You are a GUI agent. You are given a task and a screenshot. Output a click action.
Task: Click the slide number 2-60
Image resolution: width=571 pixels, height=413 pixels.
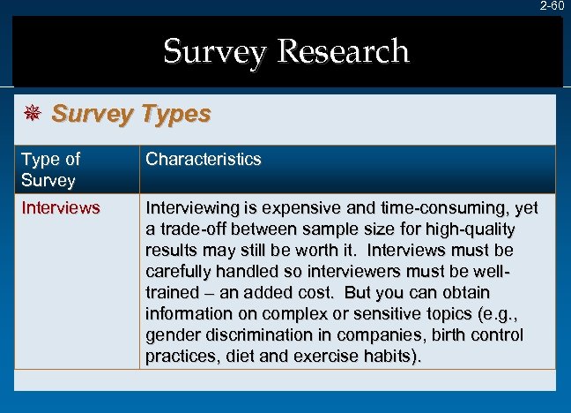tap(552, 6)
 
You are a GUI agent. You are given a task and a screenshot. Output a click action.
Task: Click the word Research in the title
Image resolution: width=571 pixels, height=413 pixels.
tap(343, 51)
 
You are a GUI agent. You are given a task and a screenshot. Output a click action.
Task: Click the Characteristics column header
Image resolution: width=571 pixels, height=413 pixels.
tap(204, 160)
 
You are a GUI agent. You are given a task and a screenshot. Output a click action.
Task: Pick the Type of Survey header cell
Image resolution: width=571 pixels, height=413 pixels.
tap(50, 169)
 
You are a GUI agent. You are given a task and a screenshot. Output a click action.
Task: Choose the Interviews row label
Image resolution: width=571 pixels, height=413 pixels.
tap(60, 209)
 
